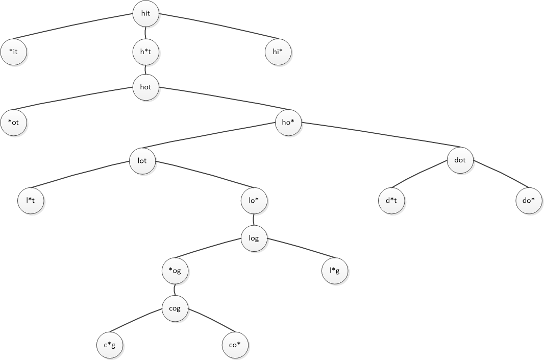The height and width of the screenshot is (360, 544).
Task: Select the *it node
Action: (14, 52)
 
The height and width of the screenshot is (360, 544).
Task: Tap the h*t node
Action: (145, 52)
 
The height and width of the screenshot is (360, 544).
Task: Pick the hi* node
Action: (278, 52)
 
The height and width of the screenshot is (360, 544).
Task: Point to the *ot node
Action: (14, 123)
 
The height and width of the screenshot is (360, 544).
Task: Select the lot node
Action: (142, 161)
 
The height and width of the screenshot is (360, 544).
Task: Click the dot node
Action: (460, 160)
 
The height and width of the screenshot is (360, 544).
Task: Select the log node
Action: (254, 238)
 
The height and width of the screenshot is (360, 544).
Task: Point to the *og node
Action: (175, 271)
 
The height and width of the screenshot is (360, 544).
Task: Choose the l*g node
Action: (334, 271)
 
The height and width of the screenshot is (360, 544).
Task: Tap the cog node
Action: (175, 308)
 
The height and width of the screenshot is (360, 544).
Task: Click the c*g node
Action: (110, 346)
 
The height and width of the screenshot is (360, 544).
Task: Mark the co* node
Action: (235, 346)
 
